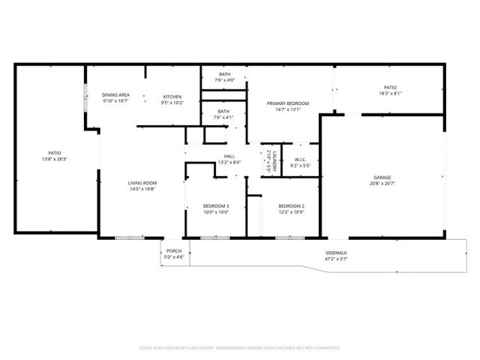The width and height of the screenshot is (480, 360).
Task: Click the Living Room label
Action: point(142,182)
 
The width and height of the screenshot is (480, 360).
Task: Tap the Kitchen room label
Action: point(173,96)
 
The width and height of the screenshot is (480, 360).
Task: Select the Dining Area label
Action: point(116,95)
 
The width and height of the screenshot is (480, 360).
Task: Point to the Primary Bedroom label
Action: point(288,103)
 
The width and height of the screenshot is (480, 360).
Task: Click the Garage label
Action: point(382,178)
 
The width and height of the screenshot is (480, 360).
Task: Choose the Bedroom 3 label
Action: point(216,205)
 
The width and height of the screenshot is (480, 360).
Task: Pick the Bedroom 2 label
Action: point(291,205)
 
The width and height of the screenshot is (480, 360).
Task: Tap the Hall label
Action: point(229,156)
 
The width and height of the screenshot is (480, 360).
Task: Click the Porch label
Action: point(174,251)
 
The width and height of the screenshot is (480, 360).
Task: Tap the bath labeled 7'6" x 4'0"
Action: point(224,80)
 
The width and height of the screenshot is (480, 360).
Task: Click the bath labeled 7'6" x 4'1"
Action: point(224,117)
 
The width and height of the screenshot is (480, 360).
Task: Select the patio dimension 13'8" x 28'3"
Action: point(55,159)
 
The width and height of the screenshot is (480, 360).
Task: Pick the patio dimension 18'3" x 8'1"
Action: point(390,94)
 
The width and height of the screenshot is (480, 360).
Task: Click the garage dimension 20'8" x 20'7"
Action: point(382,184)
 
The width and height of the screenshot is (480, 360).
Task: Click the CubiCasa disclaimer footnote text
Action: point(240,348)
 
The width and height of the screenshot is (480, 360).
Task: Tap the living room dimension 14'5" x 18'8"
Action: point(142,188)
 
